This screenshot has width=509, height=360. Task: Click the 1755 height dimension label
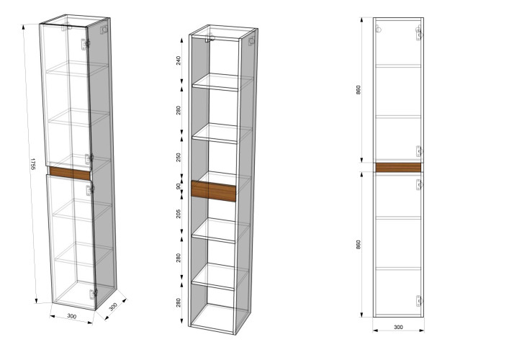pyautogui.click(x=32, y=165)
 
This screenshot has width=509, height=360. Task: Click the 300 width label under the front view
pyautogui.click(x=398, y=328)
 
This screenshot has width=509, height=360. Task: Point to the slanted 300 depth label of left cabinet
pyautogui.click(x=112, y=305)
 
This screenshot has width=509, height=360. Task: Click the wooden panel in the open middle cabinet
pyautogui.click(x=215, y=191)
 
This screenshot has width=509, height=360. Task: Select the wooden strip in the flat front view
pyautogui.click(x=398, y=168)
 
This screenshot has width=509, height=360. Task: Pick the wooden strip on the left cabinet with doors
pyautogui.click(x=69, y=174)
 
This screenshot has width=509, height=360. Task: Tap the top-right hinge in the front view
pyautogui.click(x=418, y=32)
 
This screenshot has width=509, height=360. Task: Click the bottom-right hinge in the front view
pyautogui.click(x=418, y=300)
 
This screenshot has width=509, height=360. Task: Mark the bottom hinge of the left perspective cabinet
pyautogui.click(x=91, y=293)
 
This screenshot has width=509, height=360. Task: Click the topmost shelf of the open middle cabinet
pyautogui.click(x=216, y=85)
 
